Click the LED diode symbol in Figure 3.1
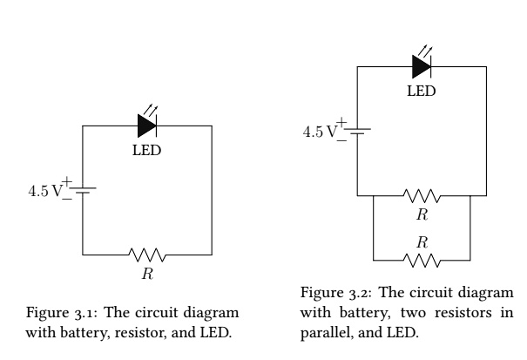[147, 126]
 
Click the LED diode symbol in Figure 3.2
[422, 65]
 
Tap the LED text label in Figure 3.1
[146, 149]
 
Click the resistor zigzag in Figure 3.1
[147, 255]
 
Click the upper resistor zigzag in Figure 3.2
[422, 195]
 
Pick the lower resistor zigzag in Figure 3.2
[422, 260]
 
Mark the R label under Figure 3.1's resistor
[147, 275]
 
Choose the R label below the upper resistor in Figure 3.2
[422, 214]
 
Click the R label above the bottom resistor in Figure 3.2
[422, 241]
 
